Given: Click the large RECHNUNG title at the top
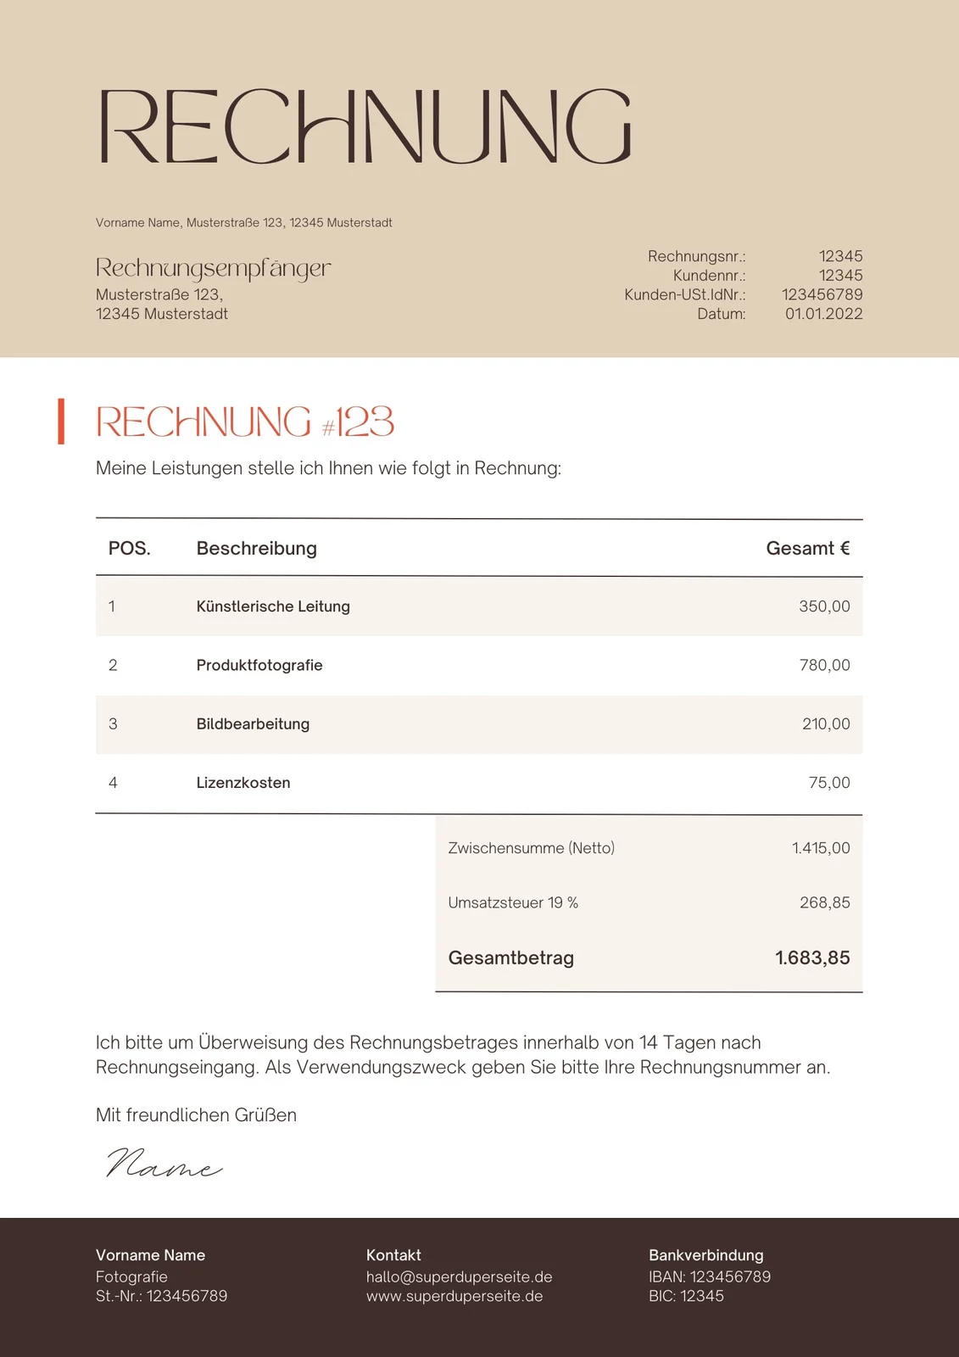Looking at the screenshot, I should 365,126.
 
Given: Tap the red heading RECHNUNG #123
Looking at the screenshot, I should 245,422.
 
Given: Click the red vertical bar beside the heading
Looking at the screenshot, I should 61,421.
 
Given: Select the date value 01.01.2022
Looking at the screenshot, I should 823,314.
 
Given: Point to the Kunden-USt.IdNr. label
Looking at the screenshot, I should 684,294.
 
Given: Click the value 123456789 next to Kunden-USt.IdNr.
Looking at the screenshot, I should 822,294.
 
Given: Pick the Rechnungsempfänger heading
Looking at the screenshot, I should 213,268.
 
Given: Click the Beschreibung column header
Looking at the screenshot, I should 256,548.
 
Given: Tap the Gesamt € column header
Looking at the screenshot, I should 807,548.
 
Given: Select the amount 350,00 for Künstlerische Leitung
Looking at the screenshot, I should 823,606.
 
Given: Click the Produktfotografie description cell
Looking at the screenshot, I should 259,665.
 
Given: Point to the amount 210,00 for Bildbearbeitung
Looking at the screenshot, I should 825,723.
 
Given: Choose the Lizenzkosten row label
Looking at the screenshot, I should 243,783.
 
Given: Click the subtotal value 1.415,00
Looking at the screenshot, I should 820,848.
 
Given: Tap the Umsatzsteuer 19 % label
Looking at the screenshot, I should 513,902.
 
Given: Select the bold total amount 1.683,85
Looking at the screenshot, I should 811,958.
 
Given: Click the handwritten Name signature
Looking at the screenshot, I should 164,1164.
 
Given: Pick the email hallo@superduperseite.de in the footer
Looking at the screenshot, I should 459,1276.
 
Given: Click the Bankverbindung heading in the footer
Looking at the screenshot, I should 705,1255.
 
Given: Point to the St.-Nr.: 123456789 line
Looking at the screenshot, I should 161,1296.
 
